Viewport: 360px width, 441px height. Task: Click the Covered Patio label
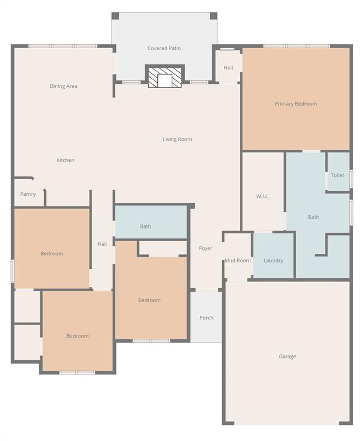tap(164, 48)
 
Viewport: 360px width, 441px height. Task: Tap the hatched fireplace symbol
tap(165, 78)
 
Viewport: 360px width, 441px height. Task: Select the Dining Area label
tap(63, 86)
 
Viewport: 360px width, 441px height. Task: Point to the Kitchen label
tap(65, 160)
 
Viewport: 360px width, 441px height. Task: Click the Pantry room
tap(28, 194)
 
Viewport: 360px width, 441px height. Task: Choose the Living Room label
tap(177, 139)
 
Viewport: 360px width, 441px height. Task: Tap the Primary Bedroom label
tap(296, 104)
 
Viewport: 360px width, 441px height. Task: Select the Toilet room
tap(338, 175)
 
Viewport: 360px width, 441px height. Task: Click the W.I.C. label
tap(262, 196)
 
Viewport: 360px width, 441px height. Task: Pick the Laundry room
tap(273, 260)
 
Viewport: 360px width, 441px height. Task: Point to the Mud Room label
tap(237, 260)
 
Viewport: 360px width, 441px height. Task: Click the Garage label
tap(287, 356)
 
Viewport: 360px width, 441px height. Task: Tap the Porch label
tap(206, 318)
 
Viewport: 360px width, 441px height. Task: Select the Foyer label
tap(206, 248)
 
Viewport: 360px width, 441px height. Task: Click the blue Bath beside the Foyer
tap(146, 226)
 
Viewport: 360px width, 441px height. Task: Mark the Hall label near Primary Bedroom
tap(228, 68)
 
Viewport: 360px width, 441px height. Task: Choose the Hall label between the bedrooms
tap(102, 244)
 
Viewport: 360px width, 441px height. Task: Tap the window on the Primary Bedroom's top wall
tap(296, 46)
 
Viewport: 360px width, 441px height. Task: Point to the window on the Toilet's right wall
tap(351, 179)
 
